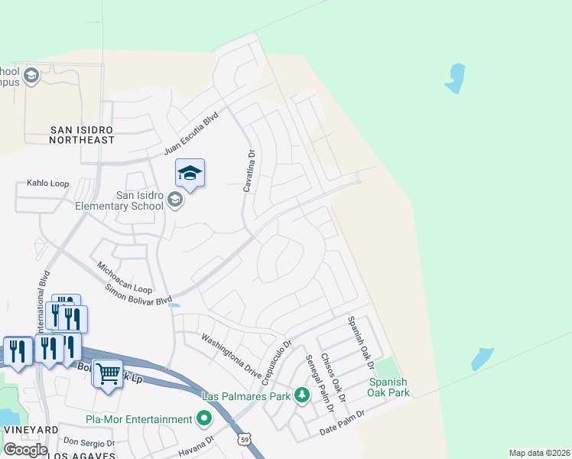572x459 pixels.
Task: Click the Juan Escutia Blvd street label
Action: pyautogui.click(x=191, y=135)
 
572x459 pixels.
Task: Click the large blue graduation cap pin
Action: pyautogui.click(x=190, y=174)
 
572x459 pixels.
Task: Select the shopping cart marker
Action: pyautogui.click(x=108, y=373)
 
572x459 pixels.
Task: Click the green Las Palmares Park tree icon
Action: pyautogui.click(x=303, y=396)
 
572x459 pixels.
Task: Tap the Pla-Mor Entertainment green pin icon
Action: pyautogui.click(x=203, y=419)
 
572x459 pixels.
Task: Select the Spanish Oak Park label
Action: pyautogui.click(x=388, y=387)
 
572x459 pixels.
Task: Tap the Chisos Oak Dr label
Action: pyautogui.click(x=334, y=377)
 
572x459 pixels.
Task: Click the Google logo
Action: pyautogui.click(x=25, y=449)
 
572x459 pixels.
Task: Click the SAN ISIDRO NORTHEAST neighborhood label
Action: pyautogui.click(x=82, y=135)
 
